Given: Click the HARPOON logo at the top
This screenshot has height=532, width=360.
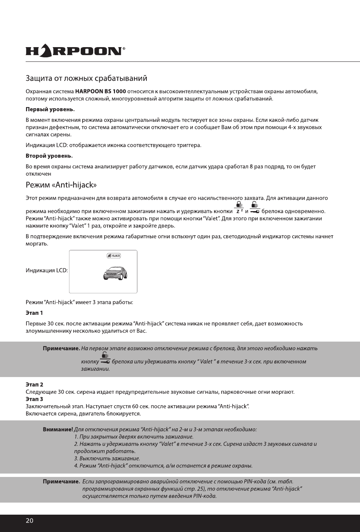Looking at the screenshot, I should click(x=74, y=51).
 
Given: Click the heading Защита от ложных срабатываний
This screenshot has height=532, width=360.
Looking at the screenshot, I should click(x=86, y=78).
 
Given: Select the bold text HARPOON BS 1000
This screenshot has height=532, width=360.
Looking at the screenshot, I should click(x=100, y=91).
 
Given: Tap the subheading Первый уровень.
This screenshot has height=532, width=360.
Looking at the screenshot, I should click(x=50, y=109).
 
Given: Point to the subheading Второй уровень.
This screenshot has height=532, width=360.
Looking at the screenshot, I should click(x=49, y=156).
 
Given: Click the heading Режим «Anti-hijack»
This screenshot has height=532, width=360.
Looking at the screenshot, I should click(x=61, y=185).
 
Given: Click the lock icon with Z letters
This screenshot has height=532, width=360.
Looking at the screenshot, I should click(x=239, y=208).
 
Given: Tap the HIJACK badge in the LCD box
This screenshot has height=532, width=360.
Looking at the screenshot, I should click(x=114, y=256).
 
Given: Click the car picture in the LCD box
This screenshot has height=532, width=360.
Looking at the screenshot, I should click(x=115, y=273).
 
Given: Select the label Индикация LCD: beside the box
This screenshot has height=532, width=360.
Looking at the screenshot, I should click(x=47, y=270).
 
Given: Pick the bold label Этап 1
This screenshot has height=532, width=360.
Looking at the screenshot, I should click(x=34, y=313).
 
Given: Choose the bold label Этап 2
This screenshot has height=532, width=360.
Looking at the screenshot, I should click(x=34, y=385).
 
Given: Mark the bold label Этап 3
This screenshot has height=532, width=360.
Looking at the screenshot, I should click(x=34, y=399).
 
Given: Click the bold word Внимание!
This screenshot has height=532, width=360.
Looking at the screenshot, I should click(x=58, y=429).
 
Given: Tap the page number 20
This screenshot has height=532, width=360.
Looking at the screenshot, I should click(x=29, y=521).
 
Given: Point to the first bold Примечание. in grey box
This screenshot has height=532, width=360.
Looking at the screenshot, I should click(x=62, y=348).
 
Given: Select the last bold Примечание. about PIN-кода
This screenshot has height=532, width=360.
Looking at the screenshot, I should click(x=62, y=481).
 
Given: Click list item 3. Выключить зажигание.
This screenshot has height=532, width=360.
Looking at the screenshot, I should click(x=107, y=458).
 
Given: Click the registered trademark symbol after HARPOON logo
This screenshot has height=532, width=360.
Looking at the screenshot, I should click(x=124, y=49).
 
